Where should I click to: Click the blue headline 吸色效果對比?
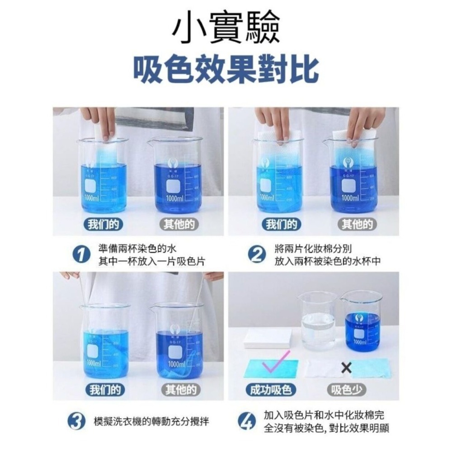pos(226,71)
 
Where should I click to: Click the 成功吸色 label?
pos(271,390)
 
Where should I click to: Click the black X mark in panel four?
pos(346,368)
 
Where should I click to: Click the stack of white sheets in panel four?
pos(268,338)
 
